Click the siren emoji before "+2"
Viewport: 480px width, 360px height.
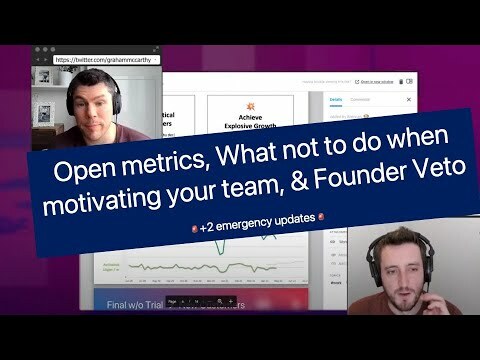pyautogui.click(x=193, y=228)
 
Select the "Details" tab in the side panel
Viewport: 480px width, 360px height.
pyautogui.click(x=336, y=100)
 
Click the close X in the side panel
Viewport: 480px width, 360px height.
pyautogui.click(x=408, y=100)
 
